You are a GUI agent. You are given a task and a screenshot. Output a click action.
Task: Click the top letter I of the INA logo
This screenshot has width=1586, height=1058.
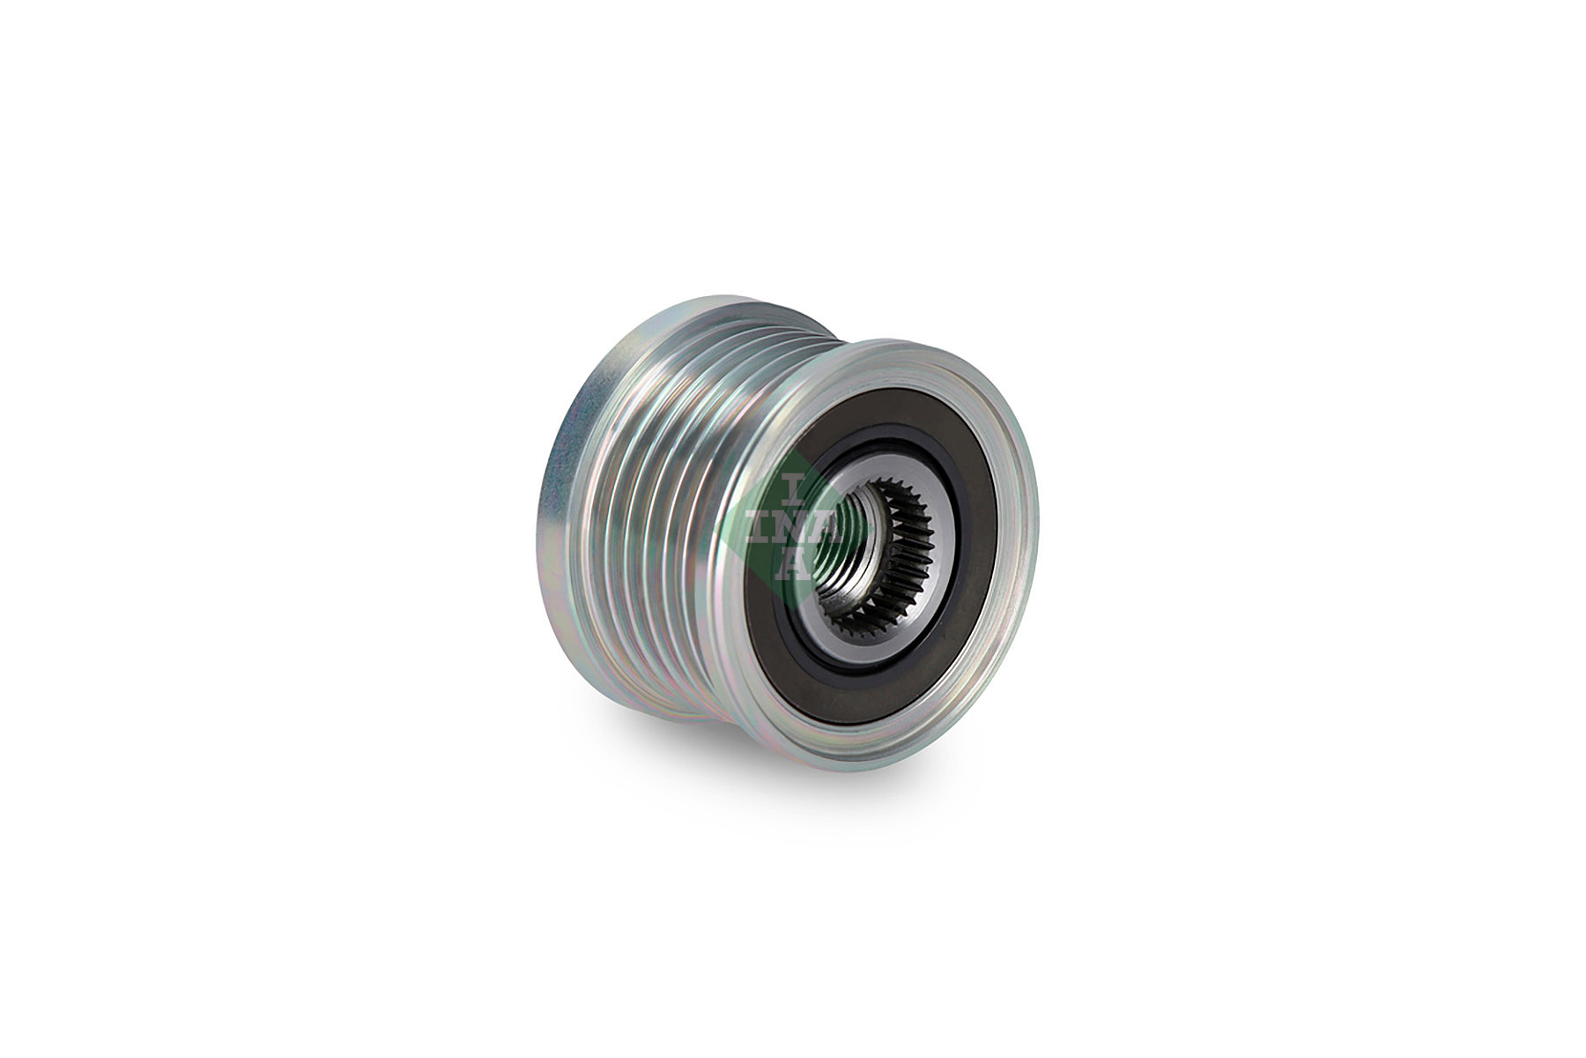(x=792, y=485)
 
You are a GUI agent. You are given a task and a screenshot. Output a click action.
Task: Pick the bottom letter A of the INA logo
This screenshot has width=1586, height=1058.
(x=794, y=568)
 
